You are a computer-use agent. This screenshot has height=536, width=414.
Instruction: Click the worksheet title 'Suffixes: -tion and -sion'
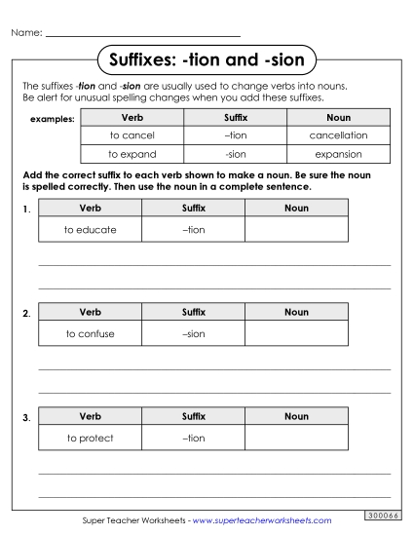tap(207, 60)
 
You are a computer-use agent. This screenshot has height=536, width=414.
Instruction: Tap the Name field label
tap(26, 33)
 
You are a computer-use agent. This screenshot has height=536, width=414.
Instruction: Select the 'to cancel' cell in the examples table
tap(132, 135)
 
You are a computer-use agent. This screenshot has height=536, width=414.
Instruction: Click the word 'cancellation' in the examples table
tap(338, 135)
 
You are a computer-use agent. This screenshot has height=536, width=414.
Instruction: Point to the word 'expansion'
tap(338, 154)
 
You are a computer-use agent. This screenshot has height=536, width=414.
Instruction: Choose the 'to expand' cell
tap(132, 154)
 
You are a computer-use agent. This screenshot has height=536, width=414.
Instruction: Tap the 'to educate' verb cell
tap(90, 229)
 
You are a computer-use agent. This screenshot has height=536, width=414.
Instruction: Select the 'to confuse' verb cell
tap(90, 333)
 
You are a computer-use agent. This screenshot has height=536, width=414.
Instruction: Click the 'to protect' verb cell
tap(90, 438)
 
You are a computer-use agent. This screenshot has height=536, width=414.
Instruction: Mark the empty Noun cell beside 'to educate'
tap(296, 229)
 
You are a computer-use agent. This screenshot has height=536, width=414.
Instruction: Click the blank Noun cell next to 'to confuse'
tap(296, 333)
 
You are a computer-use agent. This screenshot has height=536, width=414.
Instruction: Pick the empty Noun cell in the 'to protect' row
tap(296, 438)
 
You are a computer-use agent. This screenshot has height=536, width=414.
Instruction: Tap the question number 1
tap(26, 210)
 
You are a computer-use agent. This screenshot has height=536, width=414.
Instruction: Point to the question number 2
tap(26, 314)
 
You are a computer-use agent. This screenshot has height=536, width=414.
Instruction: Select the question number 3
tap(26, 418)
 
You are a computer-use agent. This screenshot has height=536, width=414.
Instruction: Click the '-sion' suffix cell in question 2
tap(194, 333)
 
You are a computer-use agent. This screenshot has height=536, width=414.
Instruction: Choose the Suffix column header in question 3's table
tap(194, 416)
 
